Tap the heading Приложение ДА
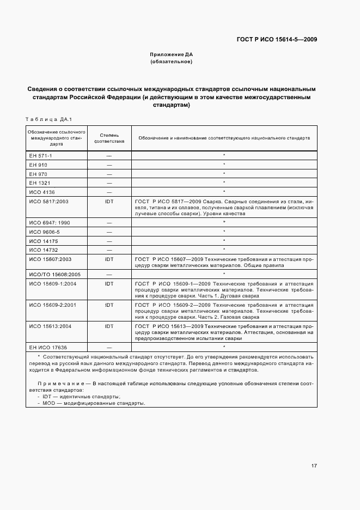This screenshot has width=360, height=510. coord(172,55)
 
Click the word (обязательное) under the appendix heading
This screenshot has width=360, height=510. coord(172,62)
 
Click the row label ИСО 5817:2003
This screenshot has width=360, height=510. coord(47,202)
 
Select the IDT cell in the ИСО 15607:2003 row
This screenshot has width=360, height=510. coord(109,259)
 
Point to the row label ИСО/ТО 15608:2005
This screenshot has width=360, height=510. coord(51,275)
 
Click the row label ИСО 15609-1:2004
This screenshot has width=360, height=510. coord(49,284)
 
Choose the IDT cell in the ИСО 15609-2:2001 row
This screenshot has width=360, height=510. coord(109,305)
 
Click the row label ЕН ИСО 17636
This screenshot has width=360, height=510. coord(47,347)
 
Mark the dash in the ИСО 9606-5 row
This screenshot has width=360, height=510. coord(109,232)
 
